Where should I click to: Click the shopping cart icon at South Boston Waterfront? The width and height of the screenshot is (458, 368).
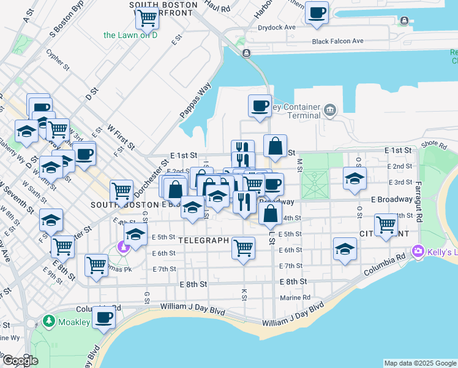pyautogui.click(x=148, y=18)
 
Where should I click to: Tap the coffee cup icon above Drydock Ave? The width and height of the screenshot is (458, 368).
pyautogui.click(x=317, y=12)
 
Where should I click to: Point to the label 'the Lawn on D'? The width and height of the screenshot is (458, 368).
pyautogui.click(x=130, y=35)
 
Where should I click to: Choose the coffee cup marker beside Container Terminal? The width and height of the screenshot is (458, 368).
pyautogui.click(x=260, y=105)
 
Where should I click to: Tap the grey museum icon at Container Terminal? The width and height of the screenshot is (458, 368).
pyautogui.click(x=331, y=110)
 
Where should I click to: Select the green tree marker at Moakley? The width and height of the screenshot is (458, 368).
pyautogui.click(x=49, y=321)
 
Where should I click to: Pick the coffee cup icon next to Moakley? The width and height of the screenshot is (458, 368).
pyautogui.click(x=104, y=318)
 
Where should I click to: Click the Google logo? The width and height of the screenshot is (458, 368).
pyautogui.click(x=20, y=361)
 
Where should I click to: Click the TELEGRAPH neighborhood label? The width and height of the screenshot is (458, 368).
pyautogui.click(x=204, y=241)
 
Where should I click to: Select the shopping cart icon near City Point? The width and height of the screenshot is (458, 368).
pyautogui.click(x=386, y=224)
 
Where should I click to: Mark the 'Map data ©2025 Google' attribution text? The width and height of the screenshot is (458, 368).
pyautogui.click(x=420, y=363)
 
